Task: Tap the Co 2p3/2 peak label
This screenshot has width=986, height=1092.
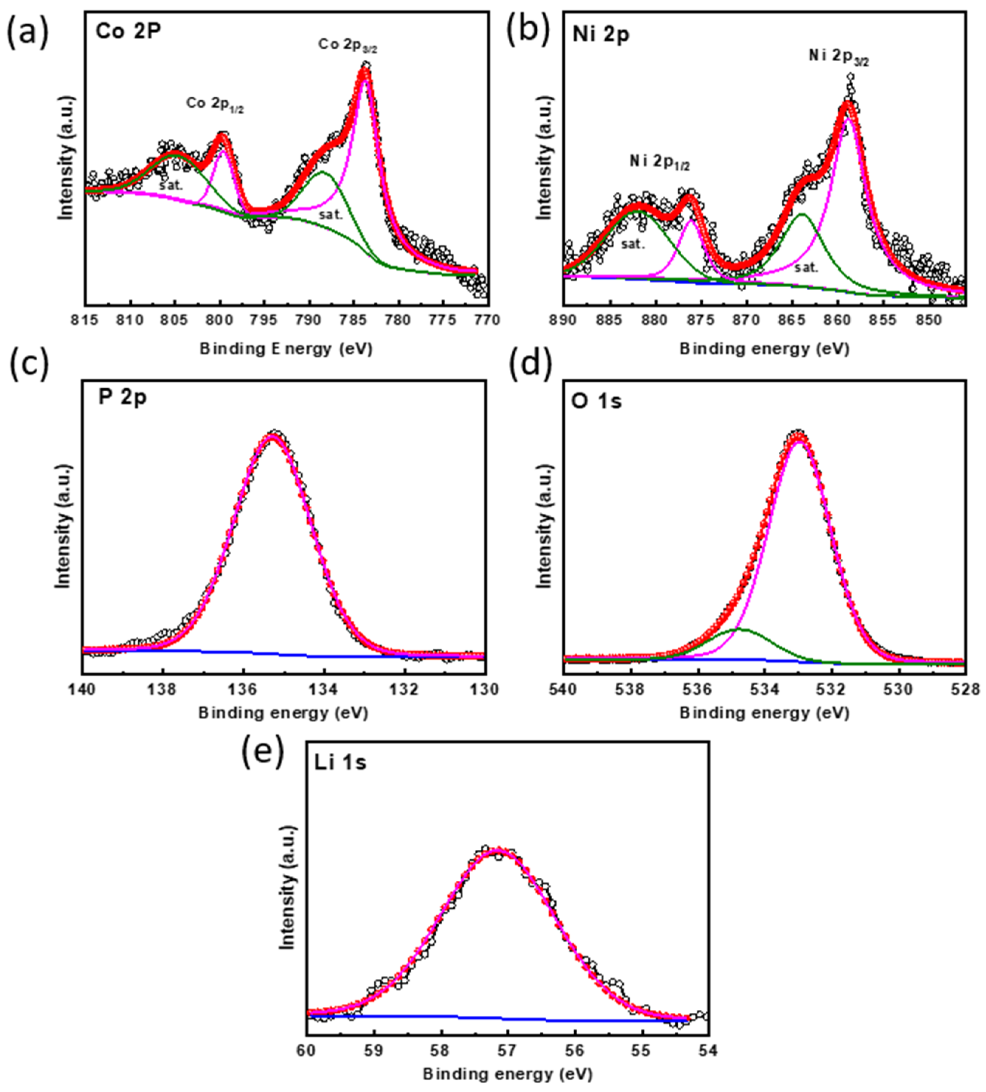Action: [347, 45]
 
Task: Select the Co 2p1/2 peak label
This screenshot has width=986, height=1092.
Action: [215, 104]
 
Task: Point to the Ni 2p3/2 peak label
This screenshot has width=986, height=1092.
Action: [839, 56]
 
